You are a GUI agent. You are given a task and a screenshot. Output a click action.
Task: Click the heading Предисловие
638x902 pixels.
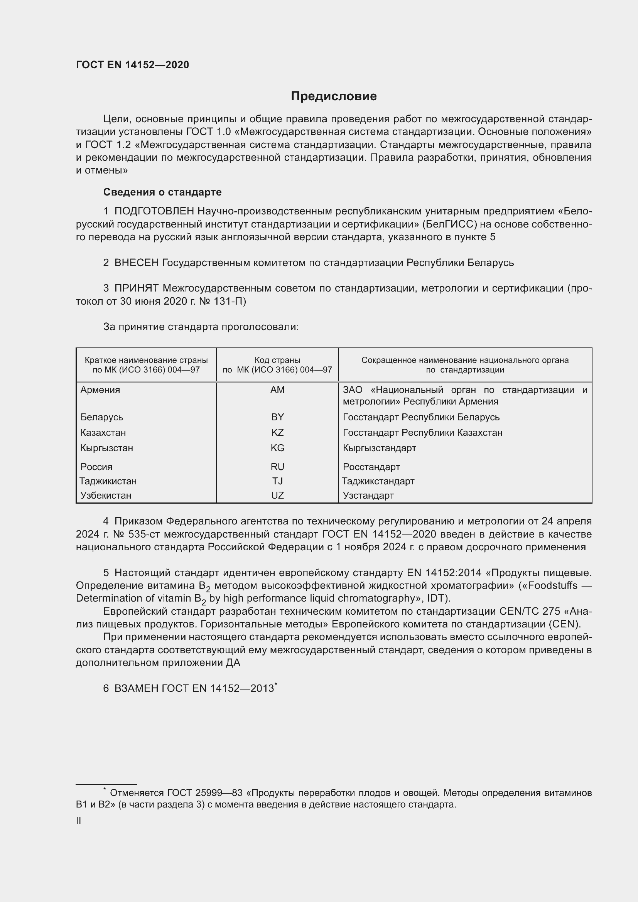[x=334, y=96]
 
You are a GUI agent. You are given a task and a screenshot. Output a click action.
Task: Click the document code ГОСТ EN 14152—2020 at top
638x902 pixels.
[x=132, y=65]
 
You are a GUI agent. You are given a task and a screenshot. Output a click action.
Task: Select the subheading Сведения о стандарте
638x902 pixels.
[x=162, y=192]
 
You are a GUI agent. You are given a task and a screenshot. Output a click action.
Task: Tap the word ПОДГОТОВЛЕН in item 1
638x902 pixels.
[x=154, y=211]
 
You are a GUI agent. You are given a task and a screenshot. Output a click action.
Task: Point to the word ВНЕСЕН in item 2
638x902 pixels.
[x=136, y=263]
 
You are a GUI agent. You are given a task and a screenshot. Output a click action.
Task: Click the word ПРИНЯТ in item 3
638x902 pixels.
[x=137, y=288]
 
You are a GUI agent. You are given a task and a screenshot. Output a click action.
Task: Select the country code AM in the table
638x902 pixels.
[x=277, y=390]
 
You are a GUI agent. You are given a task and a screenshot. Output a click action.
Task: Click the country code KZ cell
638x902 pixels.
[x=277, y=433]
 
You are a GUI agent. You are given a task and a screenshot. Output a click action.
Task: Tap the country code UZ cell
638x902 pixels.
[x=277, y=496]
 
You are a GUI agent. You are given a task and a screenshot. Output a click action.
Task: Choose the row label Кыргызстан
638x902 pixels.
[x=107, y=448]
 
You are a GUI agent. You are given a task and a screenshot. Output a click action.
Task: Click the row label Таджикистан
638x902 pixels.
[x=108, y=481]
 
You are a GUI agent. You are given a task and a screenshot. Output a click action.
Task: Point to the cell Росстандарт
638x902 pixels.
[x=371, y=467]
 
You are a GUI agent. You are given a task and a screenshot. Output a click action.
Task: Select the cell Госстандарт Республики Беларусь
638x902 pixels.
[x=421, y=417]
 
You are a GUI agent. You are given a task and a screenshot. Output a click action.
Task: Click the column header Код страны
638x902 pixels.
[x=277, y=360]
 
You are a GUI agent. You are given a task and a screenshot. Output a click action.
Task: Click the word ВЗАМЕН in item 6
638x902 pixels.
[x=137, y=688]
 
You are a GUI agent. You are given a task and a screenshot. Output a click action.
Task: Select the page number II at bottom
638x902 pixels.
[x=79, y=820]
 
